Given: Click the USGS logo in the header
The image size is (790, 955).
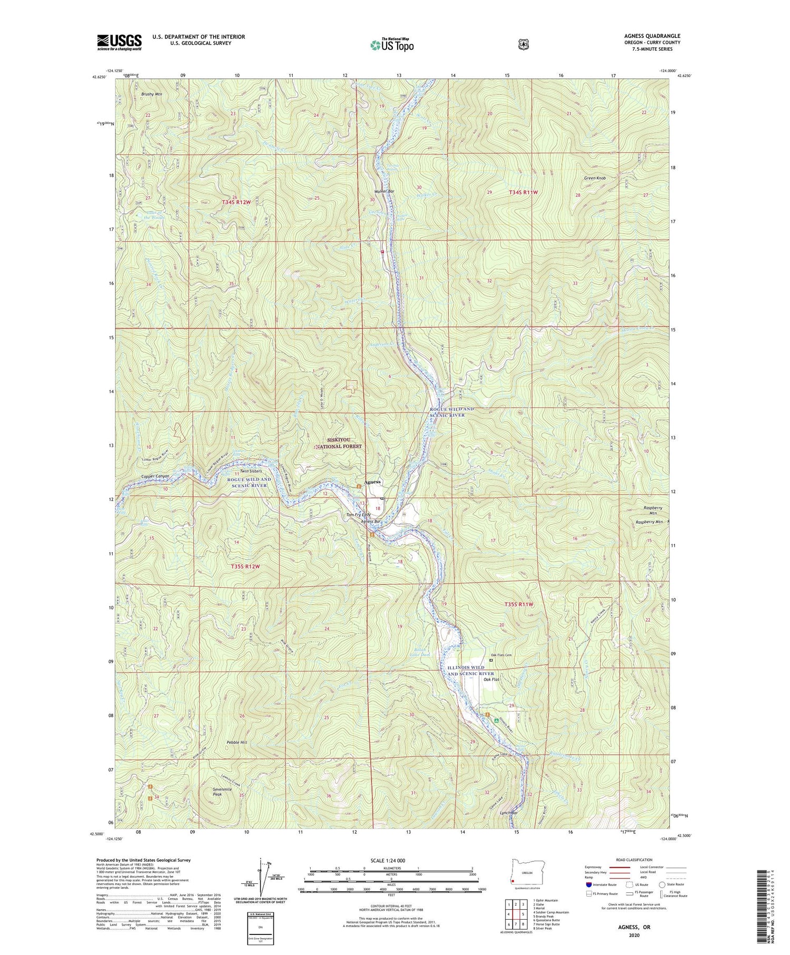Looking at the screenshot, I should [119, 42].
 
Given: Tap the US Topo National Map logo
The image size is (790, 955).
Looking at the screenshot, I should [392, 44].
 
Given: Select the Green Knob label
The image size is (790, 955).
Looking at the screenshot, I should [595, 178].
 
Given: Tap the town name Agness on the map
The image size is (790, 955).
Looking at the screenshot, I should [371, 482].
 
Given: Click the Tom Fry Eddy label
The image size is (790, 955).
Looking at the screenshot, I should [358, 515].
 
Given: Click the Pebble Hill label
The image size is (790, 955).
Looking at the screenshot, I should [236, 742].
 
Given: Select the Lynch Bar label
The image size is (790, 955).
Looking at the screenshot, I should [509, 828].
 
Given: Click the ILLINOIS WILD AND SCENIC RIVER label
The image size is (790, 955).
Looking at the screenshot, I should [471, 671].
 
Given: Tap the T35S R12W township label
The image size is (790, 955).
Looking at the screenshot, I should [245, 566].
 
